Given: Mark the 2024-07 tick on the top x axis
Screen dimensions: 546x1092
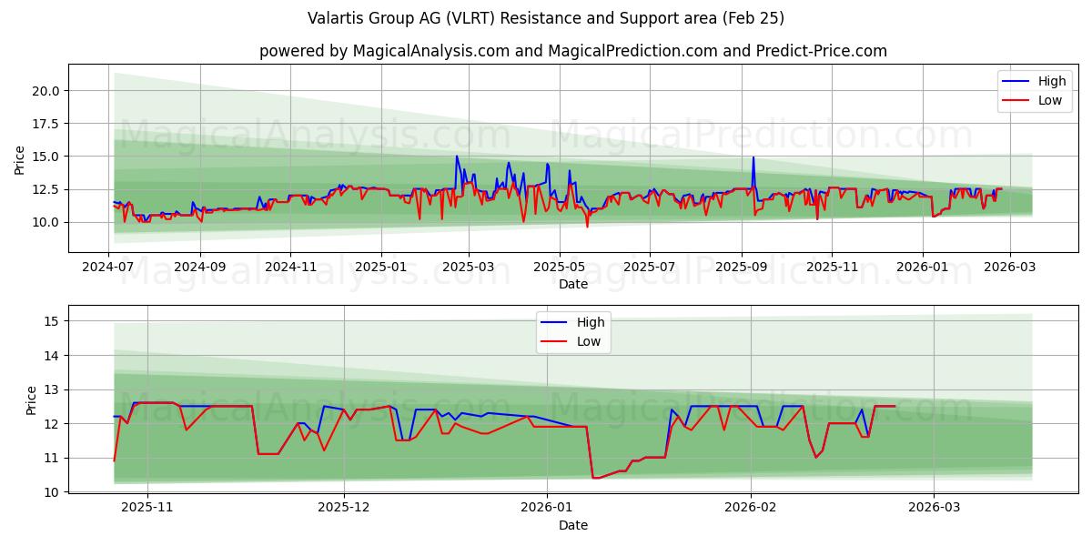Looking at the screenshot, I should click(x=109, y=267).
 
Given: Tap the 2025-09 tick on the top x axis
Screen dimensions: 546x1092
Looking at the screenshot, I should click(x=741, y=267).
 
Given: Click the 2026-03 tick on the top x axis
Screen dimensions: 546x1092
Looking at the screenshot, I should click(x=1009, y=267).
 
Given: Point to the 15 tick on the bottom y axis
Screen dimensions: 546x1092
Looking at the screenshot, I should click(x=51, y=321).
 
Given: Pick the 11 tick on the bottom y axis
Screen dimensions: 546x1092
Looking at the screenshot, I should click(x=51, y=458).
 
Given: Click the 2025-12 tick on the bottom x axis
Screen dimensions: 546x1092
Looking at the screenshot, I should click(x=345, y=508).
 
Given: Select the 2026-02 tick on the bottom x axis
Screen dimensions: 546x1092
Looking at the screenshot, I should click(x=752, y=508).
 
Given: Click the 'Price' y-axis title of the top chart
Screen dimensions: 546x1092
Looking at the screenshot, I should click(x=20, y=159).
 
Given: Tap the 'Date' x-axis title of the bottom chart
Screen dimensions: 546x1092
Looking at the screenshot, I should click(x=572, y=525).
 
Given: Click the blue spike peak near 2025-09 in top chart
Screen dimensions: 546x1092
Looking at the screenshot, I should click(x=753, y=157).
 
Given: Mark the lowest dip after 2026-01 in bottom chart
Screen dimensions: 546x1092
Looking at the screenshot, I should click(x=594, y=478).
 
